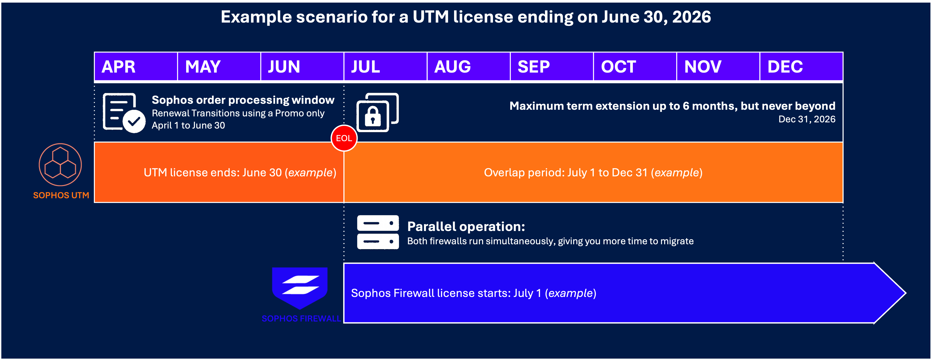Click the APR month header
(x=136, y=67)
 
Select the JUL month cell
(x=385, y=67)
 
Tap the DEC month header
(x=801, y=67)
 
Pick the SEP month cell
(x=552, y=67)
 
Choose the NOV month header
(x=718, y=67)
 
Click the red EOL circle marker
(x=344, y=138)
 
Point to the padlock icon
(x=377, y=113)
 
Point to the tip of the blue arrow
(x=906, y=293)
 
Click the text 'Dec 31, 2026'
(x=807, y=119)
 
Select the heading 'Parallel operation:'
(x=466, y=227)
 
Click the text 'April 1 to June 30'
(x=188, y=125)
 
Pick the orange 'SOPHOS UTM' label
(x=61, y=195)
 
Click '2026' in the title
(x=691, y=17)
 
